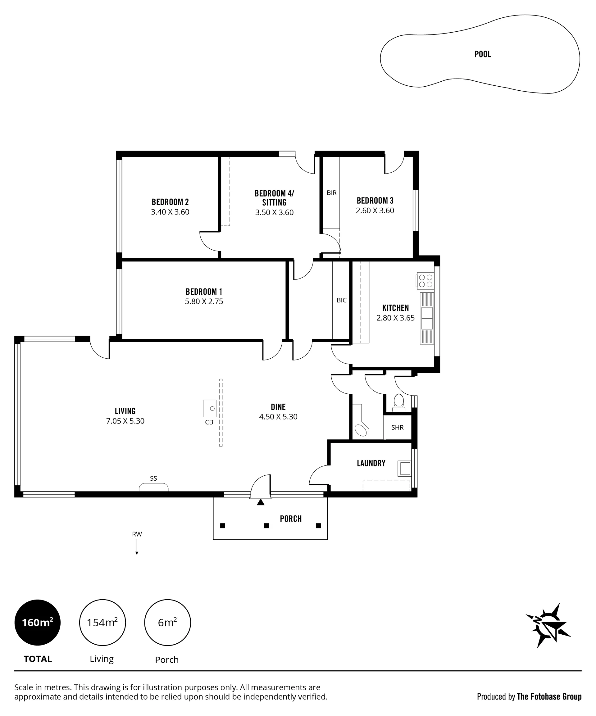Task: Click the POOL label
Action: pos(482,54)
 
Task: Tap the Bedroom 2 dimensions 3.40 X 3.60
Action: pos(170,212)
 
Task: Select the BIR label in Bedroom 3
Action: pos(332,193)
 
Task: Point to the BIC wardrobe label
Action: pos(342,300)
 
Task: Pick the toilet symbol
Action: pos(398,402)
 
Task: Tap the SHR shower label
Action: pos(398,428)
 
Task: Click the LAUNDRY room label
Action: pos(371,463)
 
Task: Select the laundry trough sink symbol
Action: pos(405,469)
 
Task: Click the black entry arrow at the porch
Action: pos(261,502)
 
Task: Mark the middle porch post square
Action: pos(266,526)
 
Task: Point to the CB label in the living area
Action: pos(209,422)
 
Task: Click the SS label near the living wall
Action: pos(153,478)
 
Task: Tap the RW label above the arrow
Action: pos(137,534)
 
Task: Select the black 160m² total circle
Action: pos(38,623)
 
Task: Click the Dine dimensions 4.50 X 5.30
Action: pos(278,417)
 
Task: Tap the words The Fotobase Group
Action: pos(549,696)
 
